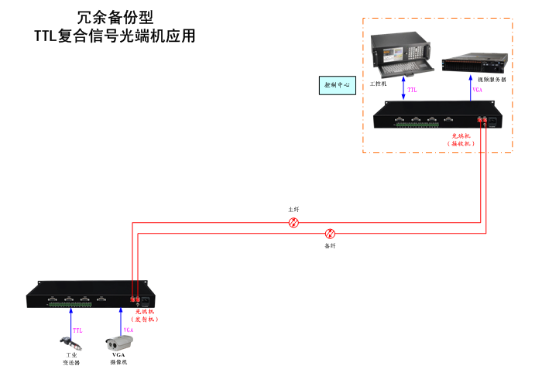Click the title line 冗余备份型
pos(115,17)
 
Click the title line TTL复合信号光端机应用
pos(115,36)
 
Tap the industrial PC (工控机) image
pos(400,54)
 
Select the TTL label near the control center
pos(413,91)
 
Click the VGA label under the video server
pos(478,91)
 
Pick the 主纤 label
pos(293,210)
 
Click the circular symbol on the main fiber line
pos(293,223)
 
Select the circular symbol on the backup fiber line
pos(330,233)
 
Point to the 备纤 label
pos(330,245)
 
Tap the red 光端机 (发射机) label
pos(146,315)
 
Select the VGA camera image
pos(119,340)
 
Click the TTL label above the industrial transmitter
pos(77,330)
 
